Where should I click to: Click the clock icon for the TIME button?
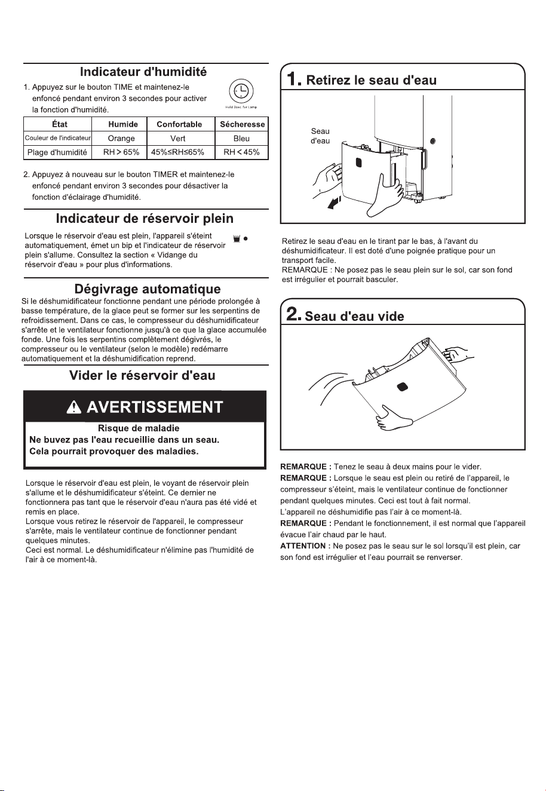[x=241, y=91]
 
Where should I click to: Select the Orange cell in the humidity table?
[x=121, y=139]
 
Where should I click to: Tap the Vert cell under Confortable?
[x=177, y=139]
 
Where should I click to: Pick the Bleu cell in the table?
[x=241, y=139]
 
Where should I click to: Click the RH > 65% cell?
[x=121, y=152]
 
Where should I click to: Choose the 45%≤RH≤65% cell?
[x=177, y=152]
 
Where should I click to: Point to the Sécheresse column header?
[x=243, y=124]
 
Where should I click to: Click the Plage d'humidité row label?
[x=57, y=152]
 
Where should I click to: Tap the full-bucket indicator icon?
[x=237, y=239]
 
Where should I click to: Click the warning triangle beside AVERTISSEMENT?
[x=74, y=407]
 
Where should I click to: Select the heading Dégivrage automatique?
[x=148, y=289]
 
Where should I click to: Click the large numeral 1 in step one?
[x=293, y=79]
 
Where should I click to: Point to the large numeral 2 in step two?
[x=293, y=314]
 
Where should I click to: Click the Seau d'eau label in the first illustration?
[x=320, y=136]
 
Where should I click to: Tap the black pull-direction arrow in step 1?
[x=334, y=203]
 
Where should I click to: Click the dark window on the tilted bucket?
[x=402, y=387]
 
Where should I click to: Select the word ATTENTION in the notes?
[x=303, y=546]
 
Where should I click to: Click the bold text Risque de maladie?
[x=139, y=428]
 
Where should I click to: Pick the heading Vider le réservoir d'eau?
[x=142, y=375]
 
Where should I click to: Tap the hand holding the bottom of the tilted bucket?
[x=392, y=418]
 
